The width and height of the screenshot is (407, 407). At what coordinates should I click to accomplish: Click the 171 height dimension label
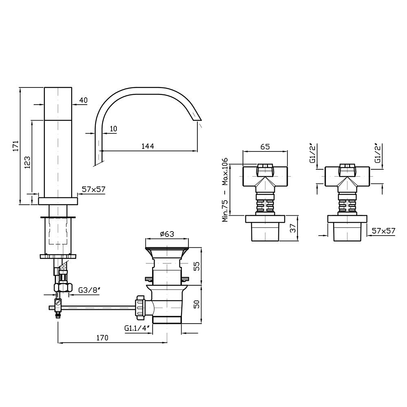click(x=16, y=146)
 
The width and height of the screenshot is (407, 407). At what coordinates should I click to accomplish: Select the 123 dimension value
click(x=28, y=162)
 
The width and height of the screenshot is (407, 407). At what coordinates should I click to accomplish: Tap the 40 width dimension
click(x=83, y=100)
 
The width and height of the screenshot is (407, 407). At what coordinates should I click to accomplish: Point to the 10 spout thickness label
click(x=113, y=129)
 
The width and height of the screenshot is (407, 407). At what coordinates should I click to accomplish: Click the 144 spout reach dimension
click(x=147, y=146)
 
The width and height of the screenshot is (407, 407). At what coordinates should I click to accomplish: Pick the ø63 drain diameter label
click(x=167, y=234)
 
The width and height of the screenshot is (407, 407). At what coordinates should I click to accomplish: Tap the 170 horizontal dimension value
click(x=102, y=338)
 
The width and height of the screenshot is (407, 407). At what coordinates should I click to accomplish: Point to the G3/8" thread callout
click(x=89, y=290)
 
